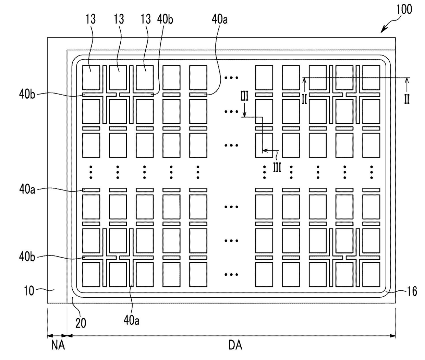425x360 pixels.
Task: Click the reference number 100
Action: (x=404, y=10)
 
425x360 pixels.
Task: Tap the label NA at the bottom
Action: (x=58, y=345)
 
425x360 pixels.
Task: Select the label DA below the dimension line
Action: (x=235, y=345)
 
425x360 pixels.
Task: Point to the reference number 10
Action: (x=29, y=291)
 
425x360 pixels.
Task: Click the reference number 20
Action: (x=81, y=323)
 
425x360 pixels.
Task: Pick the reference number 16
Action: (x=412, y=291)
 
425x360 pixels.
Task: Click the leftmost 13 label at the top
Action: (x=91, y=19)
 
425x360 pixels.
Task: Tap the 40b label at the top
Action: (x=165, y=20)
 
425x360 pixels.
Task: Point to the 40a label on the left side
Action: (x=27, y=189)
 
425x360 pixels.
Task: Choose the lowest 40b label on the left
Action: (x=27, y=257)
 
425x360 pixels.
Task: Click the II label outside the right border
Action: (x=407, y=99)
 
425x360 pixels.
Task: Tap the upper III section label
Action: (x=244, y=96)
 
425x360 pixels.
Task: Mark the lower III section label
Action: (x=277, y=167)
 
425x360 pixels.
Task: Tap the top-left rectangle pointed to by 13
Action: (x=91, y=78)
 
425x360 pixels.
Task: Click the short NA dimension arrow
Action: (x=57, y=336)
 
